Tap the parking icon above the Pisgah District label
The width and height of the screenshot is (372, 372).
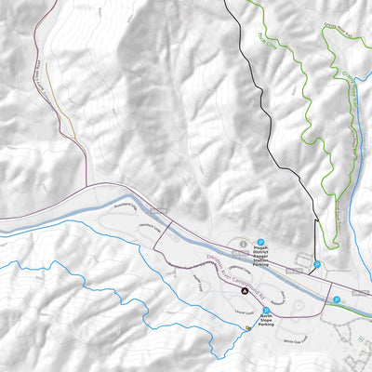[260, 237]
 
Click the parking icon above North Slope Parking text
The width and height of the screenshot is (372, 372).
[266, 310]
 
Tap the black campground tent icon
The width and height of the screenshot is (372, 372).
[245, 291]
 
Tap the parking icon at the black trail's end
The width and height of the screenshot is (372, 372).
[317, 265]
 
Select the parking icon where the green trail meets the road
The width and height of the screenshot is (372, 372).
[337, 299]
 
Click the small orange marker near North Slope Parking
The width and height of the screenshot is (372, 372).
[248, 327]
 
